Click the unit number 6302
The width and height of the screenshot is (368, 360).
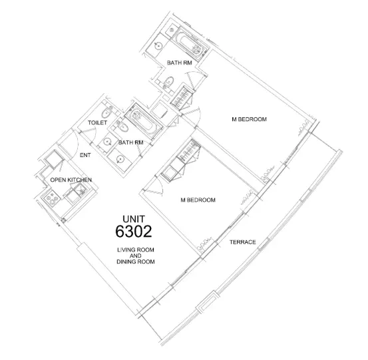coord(134,232)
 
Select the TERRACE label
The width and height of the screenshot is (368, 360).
coord(242,242)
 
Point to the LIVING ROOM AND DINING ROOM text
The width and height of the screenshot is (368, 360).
coord(135,256)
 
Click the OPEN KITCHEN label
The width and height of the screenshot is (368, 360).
coord(71,180)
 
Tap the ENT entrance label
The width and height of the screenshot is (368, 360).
coord(85,155)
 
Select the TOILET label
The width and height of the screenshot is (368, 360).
coord(98,124)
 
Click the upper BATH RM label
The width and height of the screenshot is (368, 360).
coord(180,63)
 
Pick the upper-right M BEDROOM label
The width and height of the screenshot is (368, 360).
coord(249,119)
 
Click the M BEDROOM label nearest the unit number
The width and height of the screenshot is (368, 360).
coord(198,200)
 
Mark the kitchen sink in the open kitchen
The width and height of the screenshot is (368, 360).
coord(73,194)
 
